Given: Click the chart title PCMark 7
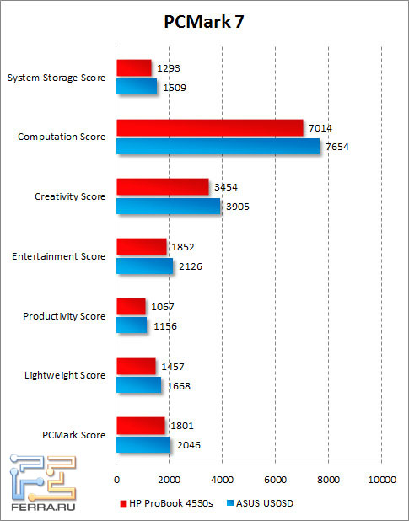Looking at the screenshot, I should (205, 21).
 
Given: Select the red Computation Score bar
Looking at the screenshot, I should (209, 127).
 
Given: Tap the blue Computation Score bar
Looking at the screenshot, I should (218, 146).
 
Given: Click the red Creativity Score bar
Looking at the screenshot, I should (162, 187).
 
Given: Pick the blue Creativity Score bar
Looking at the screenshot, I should (168, 206).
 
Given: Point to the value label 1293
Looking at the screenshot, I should (169, 67).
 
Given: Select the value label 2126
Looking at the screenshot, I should (190, 266).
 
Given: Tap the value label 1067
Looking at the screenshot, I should (162, 307).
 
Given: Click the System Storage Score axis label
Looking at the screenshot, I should (56, 78).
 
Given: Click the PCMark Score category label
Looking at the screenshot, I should (73, 435).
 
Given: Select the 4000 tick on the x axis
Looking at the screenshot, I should (222, 480).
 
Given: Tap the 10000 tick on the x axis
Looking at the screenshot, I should (381, 480).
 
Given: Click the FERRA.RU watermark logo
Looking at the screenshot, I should (42, 486).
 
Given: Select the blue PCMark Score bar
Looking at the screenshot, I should (143, 444).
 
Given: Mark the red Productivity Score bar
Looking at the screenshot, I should (131, 306).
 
